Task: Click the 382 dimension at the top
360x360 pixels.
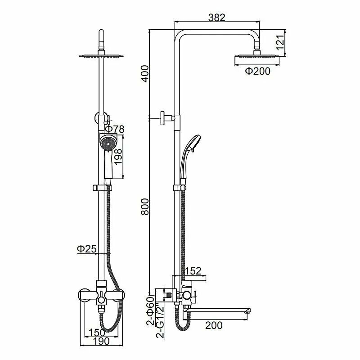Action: [x=217, y=18]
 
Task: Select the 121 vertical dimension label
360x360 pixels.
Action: [x=280, y=42]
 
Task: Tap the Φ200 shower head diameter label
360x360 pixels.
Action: [x=257, y=71]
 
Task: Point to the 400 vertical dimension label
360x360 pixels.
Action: [x=145, y=73]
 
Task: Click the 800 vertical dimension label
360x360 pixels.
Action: [x=145, y=207]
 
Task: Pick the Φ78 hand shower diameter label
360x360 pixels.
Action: [x=114, y=129]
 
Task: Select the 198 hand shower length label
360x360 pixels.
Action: [x=118, y=157]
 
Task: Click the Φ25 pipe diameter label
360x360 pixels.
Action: [x=86, y=249]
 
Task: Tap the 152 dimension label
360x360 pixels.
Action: [x=193, y=271]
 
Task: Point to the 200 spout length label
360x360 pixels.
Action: [x=214, y=325]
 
